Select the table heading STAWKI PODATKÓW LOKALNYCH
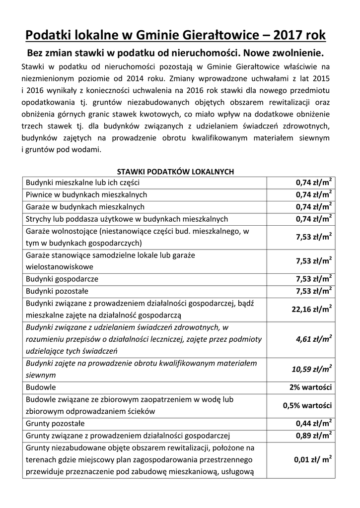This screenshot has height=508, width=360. [x=175, y=172]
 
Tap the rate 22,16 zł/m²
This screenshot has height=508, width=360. [x=311, y=309]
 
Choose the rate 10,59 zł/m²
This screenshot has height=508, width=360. [x=312, y=370]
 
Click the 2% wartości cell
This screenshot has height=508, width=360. [x=311, y=387]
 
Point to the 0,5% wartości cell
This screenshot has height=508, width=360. [x=307, y=405]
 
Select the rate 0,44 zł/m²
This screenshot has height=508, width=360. [x=314, y=424]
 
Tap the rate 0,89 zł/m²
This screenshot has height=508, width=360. [x=314, y=436]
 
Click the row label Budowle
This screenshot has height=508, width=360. [x=41, y=387]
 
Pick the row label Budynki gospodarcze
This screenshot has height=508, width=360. [x=62, y=279]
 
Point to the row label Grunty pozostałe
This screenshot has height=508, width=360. [x=55, y=424]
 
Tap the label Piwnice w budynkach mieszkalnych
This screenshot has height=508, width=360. [x=86, y=194]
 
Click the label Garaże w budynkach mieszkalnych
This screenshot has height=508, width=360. [x=85, y=206]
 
